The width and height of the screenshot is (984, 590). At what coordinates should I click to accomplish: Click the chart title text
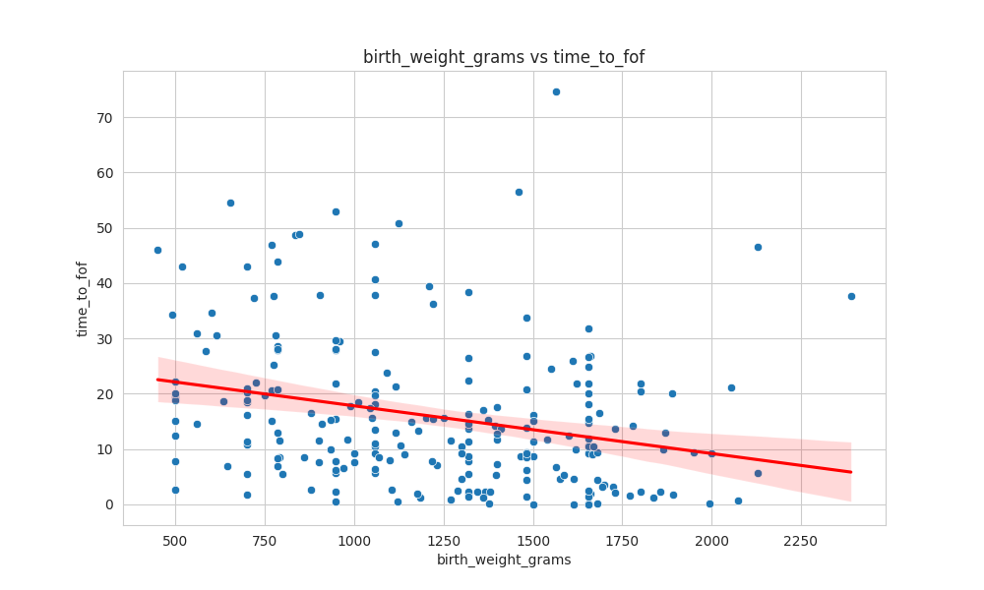point(504,57)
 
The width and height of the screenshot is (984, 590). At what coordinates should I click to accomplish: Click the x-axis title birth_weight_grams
point(504,560)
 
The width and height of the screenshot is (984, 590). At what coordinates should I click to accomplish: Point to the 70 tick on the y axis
point(103,118)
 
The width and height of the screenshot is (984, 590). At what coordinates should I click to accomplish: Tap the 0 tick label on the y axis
point(109,504)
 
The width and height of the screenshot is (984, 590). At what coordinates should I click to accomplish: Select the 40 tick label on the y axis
point(103,283)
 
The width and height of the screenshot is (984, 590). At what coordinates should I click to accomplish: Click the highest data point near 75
point(556,91)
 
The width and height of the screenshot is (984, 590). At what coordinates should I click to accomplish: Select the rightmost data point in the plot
point(851,296)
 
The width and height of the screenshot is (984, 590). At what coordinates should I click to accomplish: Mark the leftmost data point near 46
point(157,250)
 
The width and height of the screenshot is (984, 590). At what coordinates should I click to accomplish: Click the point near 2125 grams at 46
point(758,247)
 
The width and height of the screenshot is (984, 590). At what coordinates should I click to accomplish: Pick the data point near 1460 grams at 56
point(519,192)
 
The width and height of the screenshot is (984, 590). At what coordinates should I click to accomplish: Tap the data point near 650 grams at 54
point(230,203)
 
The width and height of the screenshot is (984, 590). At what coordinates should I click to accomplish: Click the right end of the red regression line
point(850,472)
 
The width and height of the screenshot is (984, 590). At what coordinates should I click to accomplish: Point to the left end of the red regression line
point(157,380)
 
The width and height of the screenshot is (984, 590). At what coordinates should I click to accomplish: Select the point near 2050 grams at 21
point(731,387)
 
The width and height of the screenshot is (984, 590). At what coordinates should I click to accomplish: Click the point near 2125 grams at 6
point(758,473)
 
